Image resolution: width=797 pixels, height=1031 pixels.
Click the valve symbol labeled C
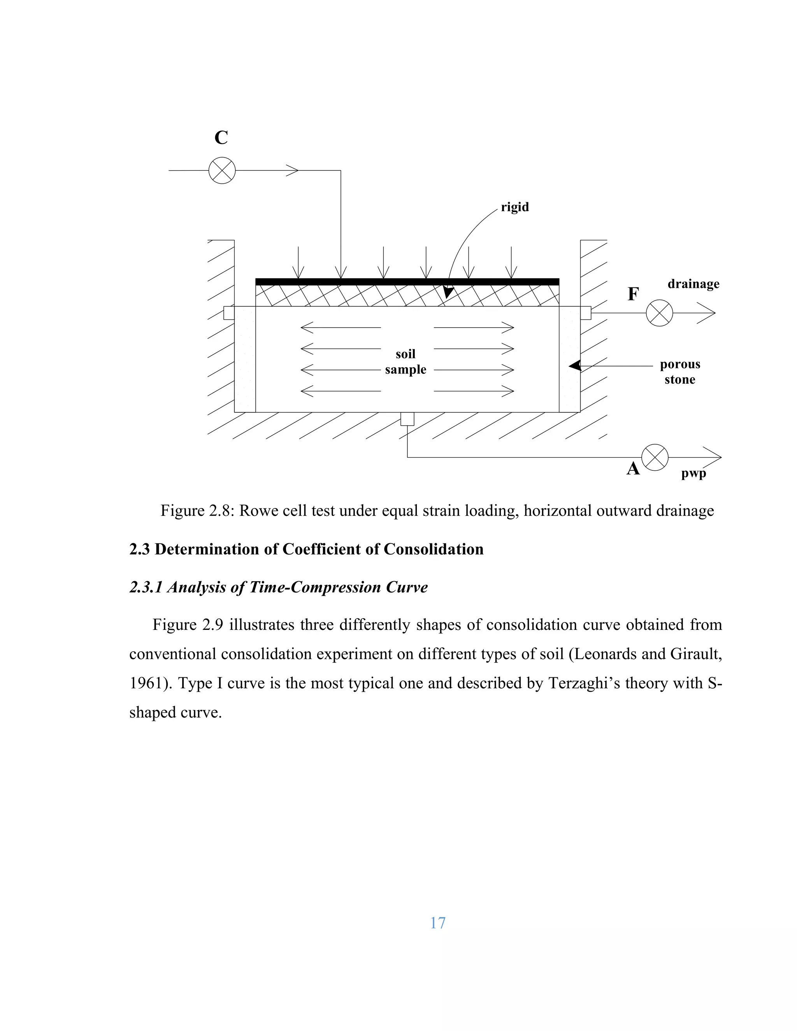click(x=222, y=170)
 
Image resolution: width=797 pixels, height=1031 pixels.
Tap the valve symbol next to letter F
click(x=659, y=313)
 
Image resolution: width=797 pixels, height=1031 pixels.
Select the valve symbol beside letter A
click(x=655, y=458)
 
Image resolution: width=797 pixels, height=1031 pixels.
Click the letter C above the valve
click(x=221, y=138)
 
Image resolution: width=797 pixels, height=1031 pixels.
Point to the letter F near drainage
click(x=633, y=294)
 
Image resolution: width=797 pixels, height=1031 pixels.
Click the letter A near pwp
click(x=633, y=469)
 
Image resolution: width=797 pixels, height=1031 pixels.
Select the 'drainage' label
click(x=693, y=284)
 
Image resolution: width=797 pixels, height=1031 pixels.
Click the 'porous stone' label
click(x=680, y=372)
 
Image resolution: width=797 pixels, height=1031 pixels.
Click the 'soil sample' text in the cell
click(x=406, y=361)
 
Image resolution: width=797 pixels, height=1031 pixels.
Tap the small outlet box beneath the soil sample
click(x=407, y=419)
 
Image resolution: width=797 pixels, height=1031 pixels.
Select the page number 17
click(x=438, y=923)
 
